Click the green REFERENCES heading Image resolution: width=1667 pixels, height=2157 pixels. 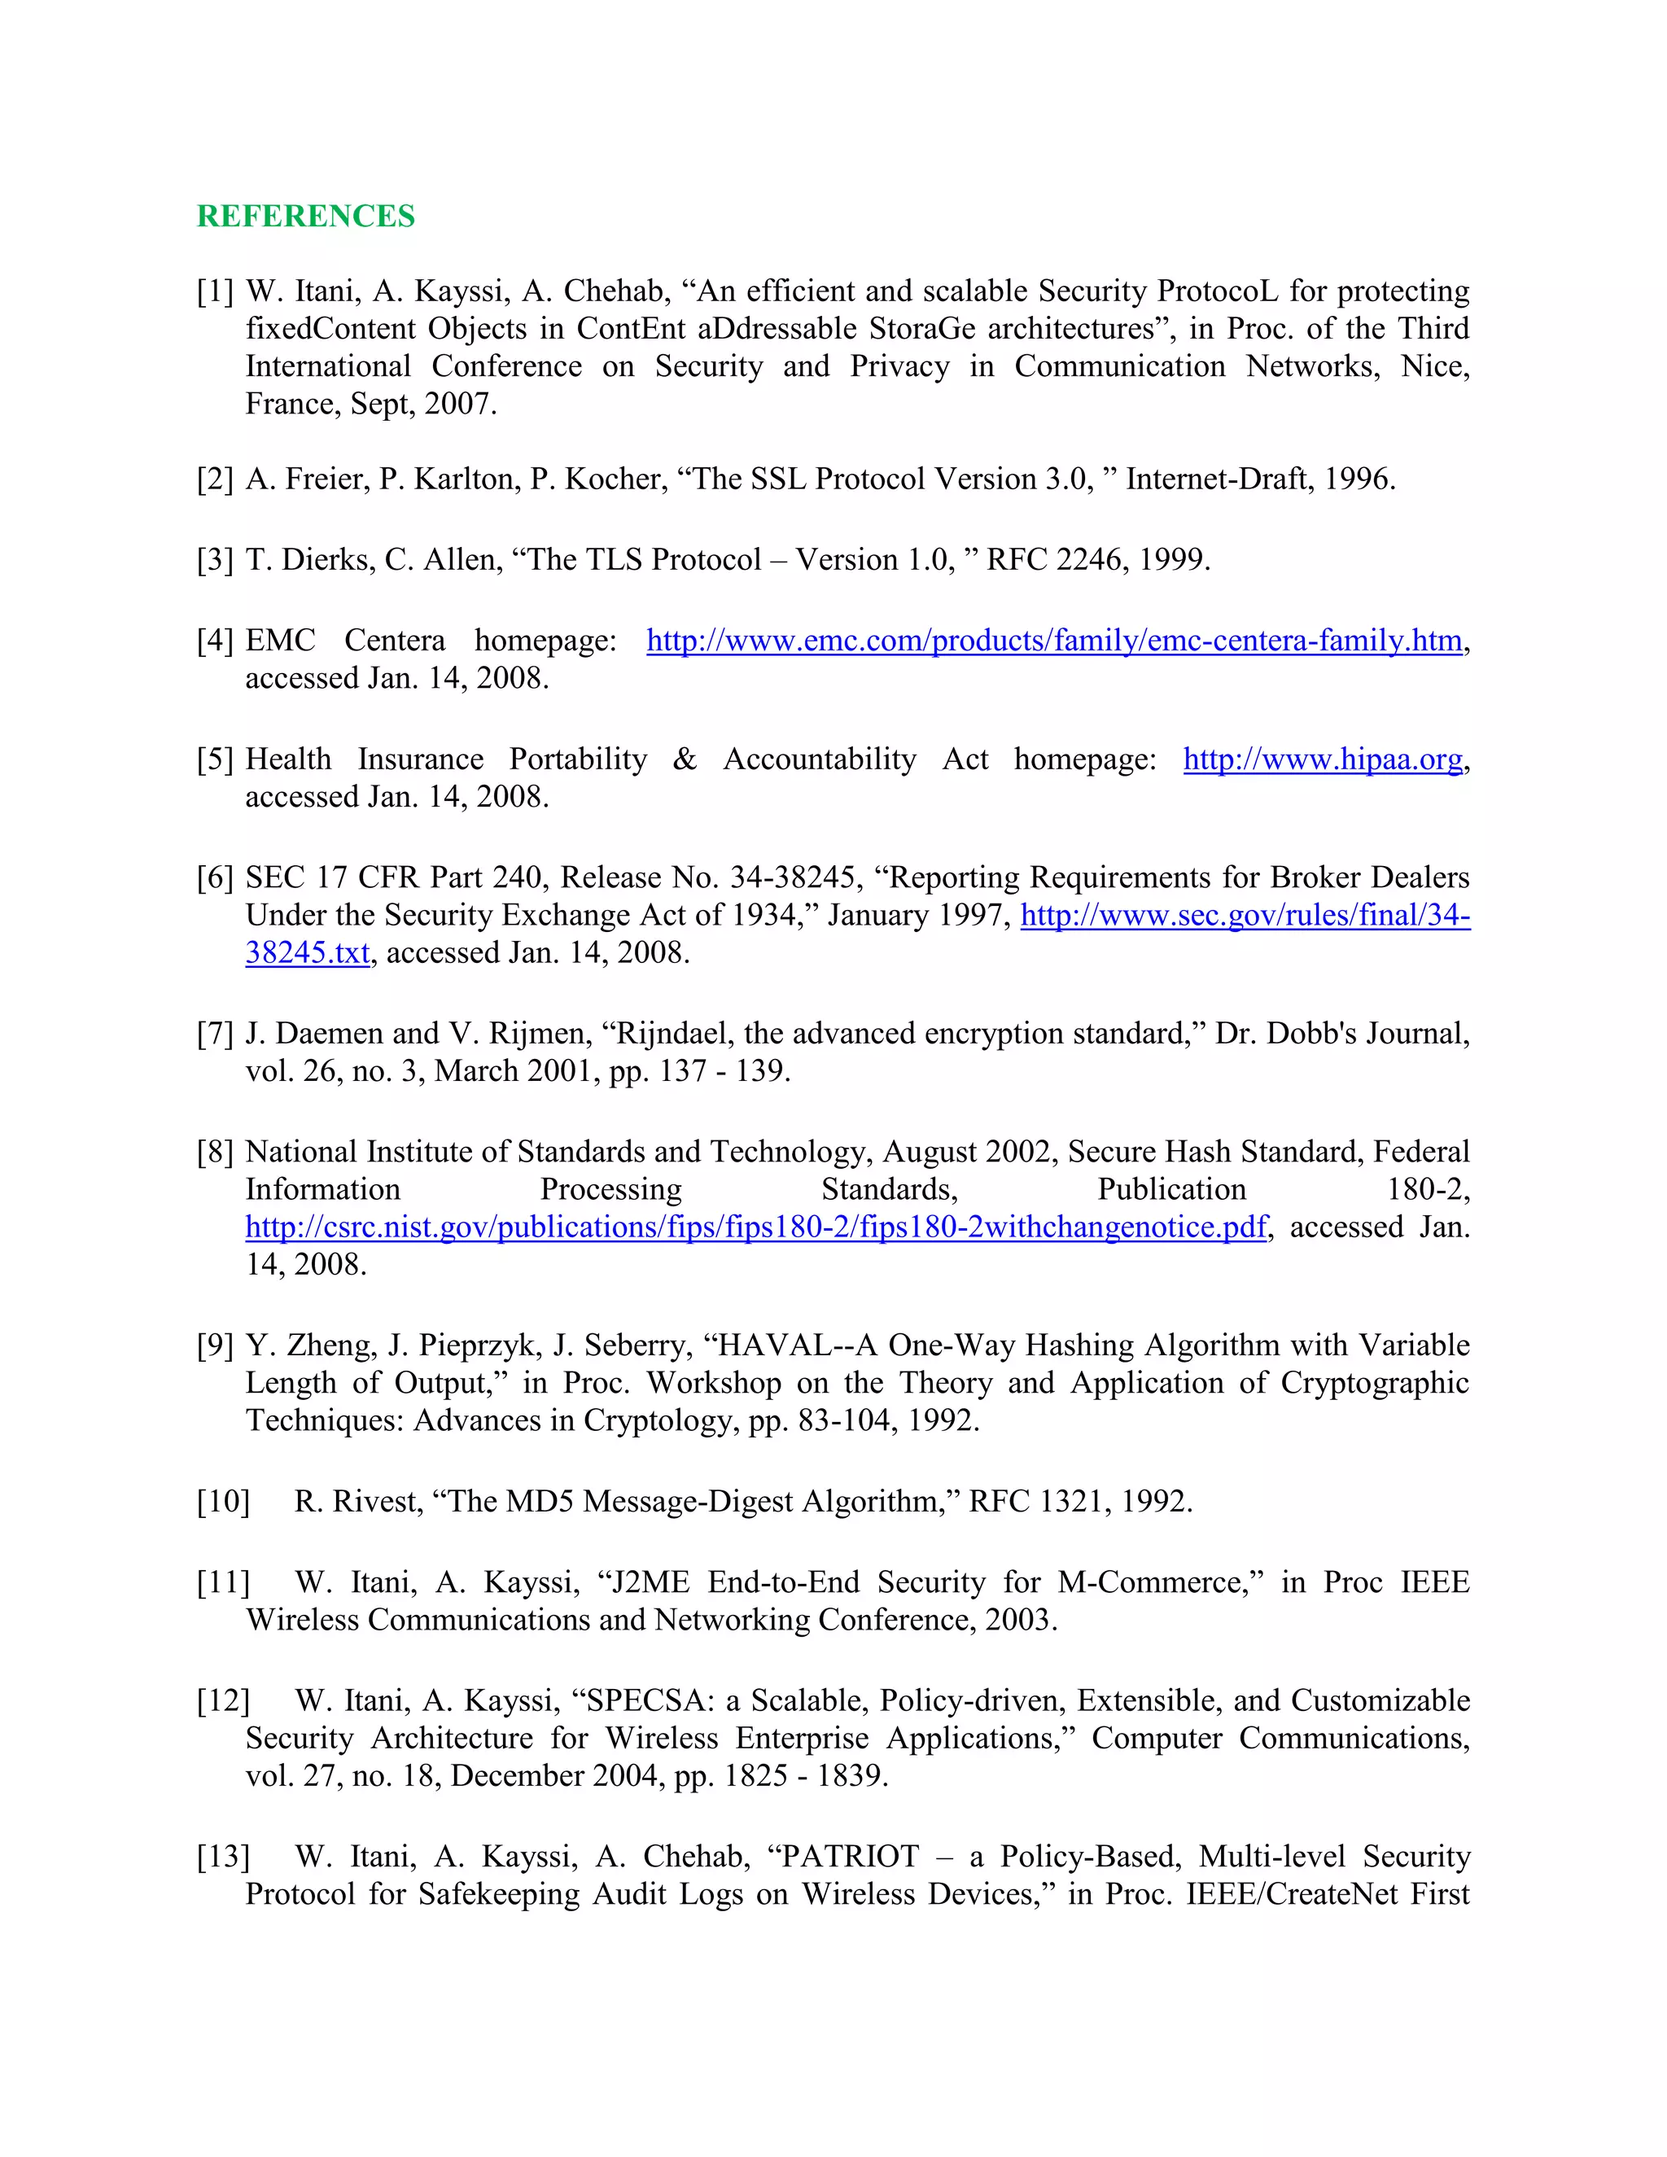pyautogui.click(x=305, y=217)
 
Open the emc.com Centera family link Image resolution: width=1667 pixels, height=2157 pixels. pyautogui.click(x=1054, y=641)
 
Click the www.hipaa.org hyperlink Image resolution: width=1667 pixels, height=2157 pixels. pyautogui.click(x=1323, y=759)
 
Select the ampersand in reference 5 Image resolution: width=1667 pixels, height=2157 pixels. pyautogui.click(x=685, y=759)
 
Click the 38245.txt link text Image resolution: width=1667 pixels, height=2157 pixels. pyautogui.click(x=307, y=953)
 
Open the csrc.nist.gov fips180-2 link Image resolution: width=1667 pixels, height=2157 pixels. pyautogui.click(x=755, y=1227)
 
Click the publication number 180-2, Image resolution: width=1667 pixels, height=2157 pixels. pyautogui.click(x=1427, y=1190)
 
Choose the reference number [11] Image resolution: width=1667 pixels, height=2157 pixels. pyautogui.click(x=223, y=1583)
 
